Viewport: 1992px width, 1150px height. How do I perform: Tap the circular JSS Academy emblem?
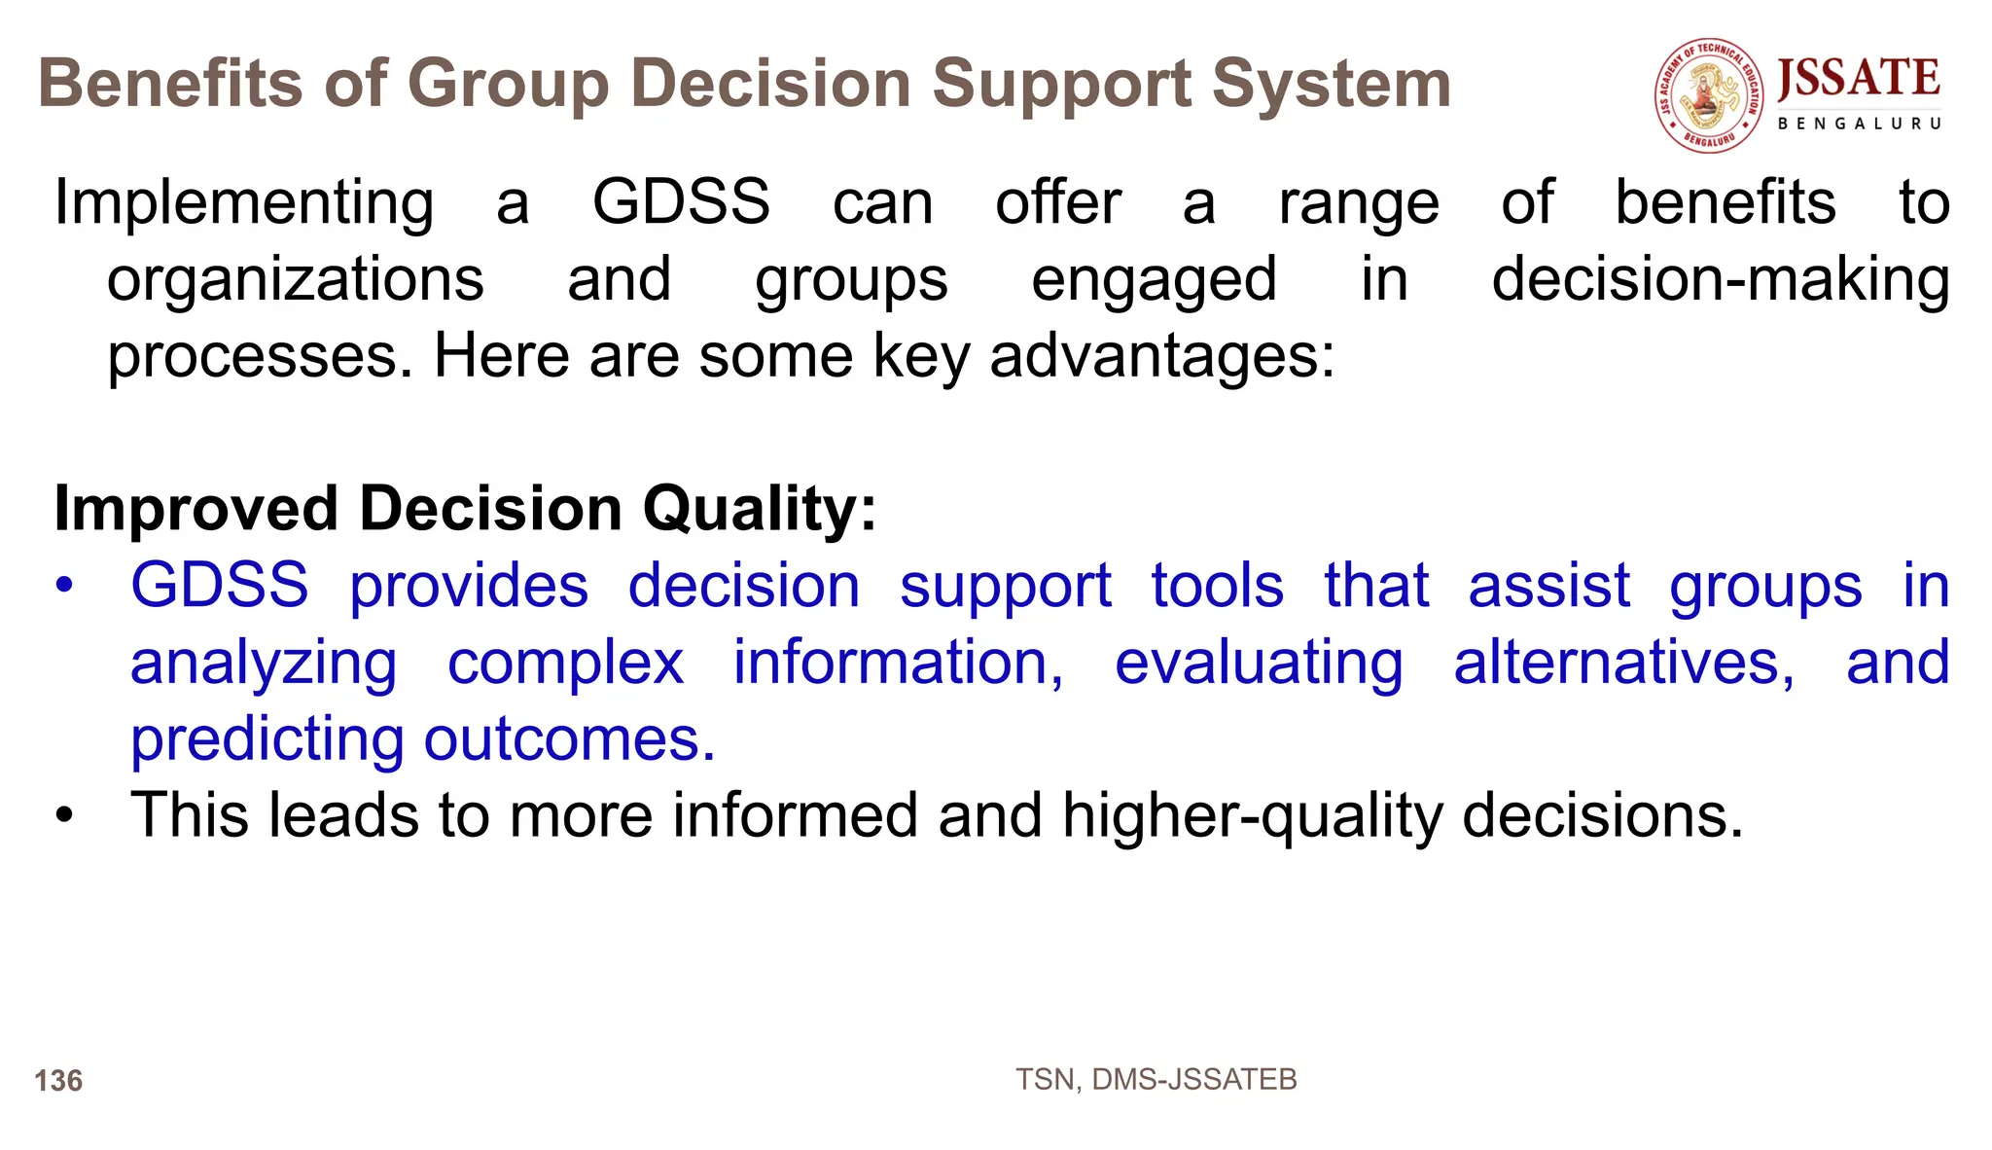(1709, 95)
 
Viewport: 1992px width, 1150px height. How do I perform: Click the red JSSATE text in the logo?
(1858, 78)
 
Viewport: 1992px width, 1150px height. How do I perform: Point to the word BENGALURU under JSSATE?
(1859, 124)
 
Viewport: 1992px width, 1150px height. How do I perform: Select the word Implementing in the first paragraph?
(243, 204)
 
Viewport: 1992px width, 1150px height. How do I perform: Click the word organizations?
(295, 281)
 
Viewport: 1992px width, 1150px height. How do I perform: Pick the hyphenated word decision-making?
(1720, 280)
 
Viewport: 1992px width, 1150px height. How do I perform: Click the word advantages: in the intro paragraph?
(1162, 357)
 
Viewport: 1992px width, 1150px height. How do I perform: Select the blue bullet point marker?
(64, 587)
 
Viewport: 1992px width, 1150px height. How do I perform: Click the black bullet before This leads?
(64, 815)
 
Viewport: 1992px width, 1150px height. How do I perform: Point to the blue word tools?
(1217, 587)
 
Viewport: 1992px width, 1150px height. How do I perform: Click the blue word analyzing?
(263, 665)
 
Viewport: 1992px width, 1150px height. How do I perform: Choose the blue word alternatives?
(1623, 664)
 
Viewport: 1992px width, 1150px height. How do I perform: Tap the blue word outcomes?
(569, 740)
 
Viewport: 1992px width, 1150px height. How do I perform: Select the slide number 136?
(58, 1081)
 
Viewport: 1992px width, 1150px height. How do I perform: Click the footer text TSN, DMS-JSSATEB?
(1156, 1080)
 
